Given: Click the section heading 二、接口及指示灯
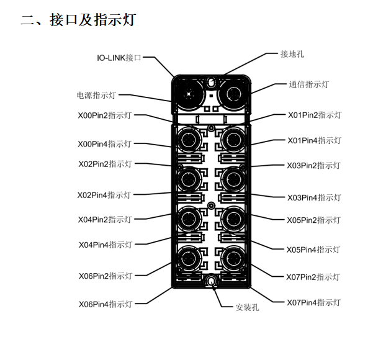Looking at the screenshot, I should point(78,20).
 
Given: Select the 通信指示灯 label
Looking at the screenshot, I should point(308,84).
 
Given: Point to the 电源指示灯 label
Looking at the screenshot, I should point(96,96).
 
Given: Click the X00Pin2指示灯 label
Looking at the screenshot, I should point(104,115).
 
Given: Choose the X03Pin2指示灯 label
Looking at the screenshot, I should point(313,166).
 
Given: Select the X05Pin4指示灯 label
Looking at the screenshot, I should point(313,250).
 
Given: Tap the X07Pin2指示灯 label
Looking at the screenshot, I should point(313,277).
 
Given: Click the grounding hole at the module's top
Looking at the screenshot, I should point(210,82).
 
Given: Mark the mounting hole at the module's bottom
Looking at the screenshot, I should point(211,282).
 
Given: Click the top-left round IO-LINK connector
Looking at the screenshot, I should point(187,94).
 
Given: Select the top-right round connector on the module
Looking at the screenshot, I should point(234,94).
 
